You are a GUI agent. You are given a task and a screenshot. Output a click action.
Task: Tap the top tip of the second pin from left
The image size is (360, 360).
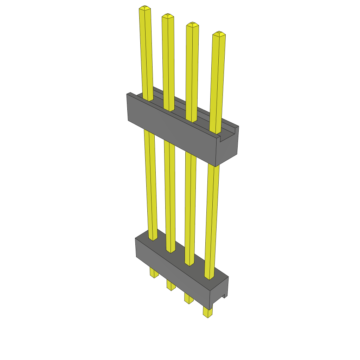pos(168,16)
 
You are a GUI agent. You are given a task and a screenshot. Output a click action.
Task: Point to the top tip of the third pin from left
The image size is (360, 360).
pos(192,25)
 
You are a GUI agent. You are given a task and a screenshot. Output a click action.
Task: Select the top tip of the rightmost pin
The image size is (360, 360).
pos(219,34)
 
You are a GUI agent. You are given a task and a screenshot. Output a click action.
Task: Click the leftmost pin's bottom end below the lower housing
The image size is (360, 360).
pos(154,273)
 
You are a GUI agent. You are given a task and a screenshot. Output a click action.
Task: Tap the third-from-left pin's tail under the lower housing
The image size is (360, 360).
pos(189,299)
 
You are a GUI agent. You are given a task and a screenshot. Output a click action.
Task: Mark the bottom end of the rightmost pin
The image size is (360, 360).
pos(208,313)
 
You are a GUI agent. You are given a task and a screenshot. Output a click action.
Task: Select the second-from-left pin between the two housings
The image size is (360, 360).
pos(170,193)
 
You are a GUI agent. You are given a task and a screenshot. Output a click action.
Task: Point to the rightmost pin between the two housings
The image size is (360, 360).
pos(211,218)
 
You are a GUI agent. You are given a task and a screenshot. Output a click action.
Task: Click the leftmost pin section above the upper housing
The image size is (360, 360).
pos(146,53)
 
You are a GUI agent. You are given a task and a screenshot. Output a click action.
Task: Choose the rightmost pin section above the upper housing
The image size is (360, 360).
pos(217,81)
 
